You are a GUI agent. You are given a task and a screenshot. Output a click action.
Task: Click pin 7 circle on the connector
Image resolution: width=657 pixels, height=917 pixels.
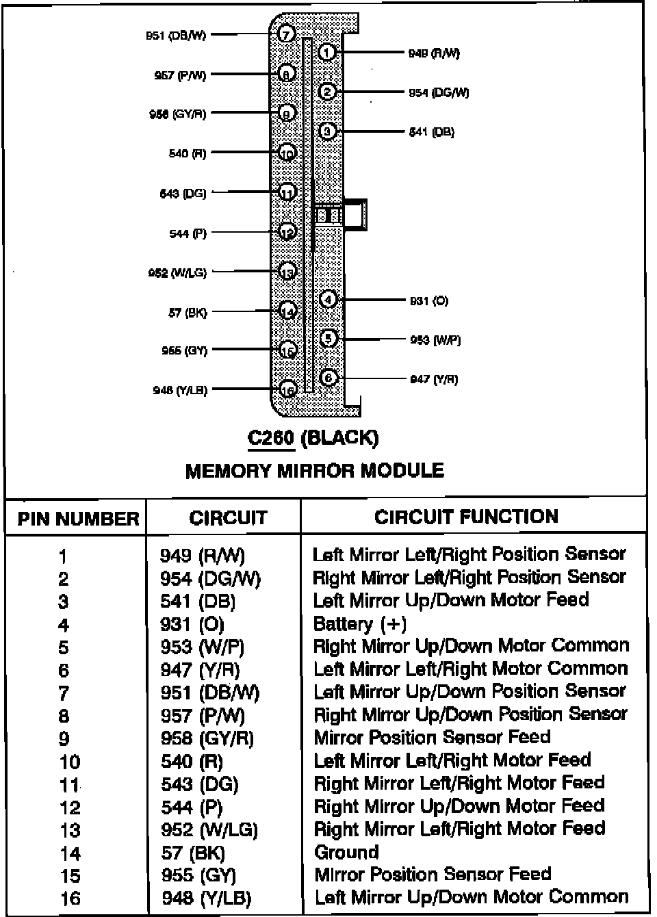tap(287, 34)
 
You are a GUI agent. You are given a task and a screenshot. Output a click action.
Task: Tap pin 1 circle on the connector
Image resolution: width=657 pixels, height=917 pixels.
tap(327, 52)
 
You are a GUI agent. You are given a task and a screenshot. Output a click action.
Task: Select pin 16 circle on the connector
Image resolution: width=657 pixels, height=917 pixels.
tap(288, 390)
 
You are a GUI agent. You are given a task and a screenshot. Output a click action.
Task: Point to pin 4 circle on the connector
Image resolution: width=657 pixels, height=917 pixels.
tap(328, 299)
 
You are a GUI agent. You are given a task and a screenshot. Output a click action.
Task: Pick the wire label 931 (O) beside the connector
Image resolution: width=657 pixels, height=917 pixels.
tap(429, 300)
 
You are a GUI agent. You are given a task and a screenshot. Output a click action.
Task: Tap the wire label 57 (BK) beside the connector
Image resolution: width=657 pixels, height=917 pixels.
tap(188, 313)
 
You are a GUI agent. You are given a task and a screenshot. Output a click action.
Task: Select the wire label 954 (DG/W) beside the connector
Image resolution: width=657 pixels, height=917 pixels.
tap(439, 92)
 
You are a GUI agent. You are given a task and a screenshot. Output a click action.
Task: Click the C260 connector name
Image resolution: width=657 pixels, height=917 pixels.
tap(271, 437)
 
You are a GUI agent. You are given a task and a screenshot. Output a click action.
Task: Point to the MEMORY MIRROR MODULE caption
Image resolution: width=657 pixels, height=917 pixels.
tap(315, 471)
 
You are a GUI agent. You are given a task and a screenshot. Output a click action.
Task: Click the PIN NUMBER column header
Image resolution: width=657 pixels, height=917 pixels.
tap(78, 518)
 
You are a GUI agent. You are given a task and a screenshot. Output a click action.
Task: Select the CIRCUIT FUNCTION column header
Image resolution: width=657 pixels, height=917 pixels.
tap(466, 517)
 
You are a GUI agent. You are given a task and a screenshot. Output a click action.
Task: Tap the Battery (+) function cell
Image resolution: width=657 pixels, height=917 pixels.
tap(359, 624)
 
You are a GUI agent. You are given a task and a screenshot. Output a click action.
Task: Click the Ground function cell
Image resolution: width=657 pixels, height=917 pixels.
tap(346, 852)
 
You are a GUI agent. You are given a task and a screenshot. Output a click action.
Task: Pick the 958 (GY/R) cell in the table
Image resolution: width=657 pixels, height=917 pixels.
tap(207, 738)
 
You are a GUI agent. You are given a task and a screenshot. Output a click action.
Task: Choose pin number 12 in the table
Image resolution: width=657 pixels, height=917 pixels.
tap(70, 808)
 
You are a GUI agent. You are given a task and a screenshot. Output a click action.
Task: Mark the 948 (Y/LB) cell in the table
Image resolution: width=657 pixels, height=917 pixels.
tap(207, 898)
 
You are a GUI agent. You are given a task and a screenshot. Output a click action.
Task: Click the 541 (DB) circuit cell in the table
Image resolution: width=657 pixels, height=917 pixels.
tap(198, 602)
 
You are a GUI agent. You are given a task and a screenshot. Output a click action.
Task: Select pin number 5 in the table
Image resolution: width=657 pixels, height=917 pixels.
tap(64, 647)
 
